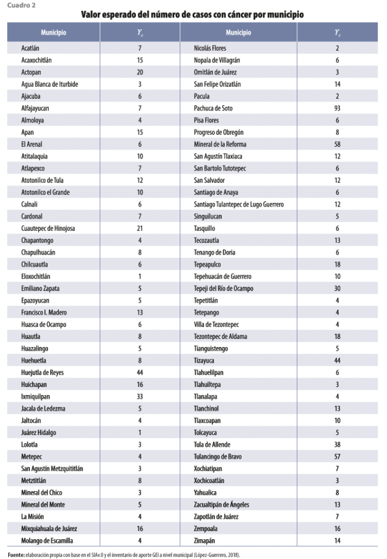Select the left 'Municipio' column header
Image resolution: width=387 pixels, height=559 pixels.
tap(53, 32)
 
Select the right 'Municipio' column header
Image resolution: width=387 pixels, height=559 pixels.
tap(238, 32)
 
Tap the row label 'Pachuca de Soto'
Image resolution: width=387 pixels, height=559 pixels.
tap(213, 108)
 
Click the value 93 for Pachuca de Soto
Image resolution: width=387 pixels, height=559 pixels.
tap(337, 108)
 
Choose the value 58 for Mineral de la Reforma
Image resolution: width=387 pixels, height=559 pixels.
tap(337, 144)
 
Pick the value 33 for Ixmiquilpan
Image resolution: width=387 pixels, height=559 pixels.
tap(140, 396)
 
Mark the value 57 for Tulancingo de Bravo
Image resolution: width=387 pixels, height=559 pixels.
tap(337, 456)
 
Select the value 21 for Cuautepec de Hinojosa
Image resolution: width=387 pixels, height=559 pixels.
tap(140, 228)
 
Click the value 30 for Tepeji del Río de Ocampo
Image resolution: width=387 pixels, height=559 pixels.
tap(337, 288)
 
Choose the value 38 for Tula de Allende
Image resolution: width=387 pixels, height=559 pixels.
tap(337, 444)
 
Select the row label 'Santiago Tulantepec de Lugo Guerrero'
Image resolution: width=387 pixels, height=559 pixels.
tap(239, 204)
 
